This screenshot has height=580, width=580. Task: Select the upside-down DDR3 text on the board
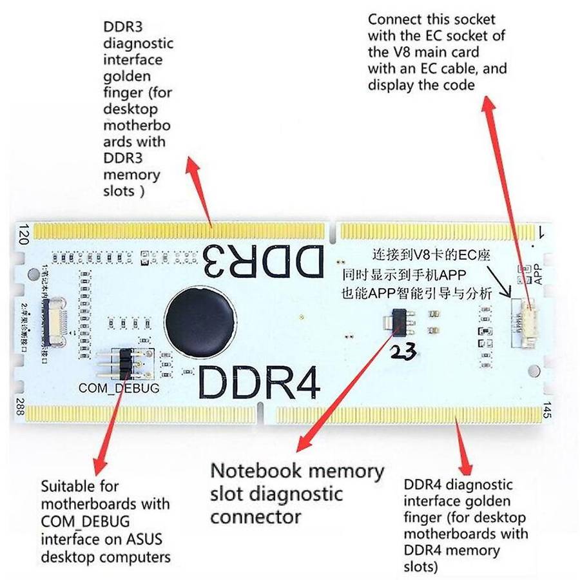[264, 262]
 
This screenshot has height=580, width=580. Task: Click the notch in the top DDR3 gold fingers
[334, 229]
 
